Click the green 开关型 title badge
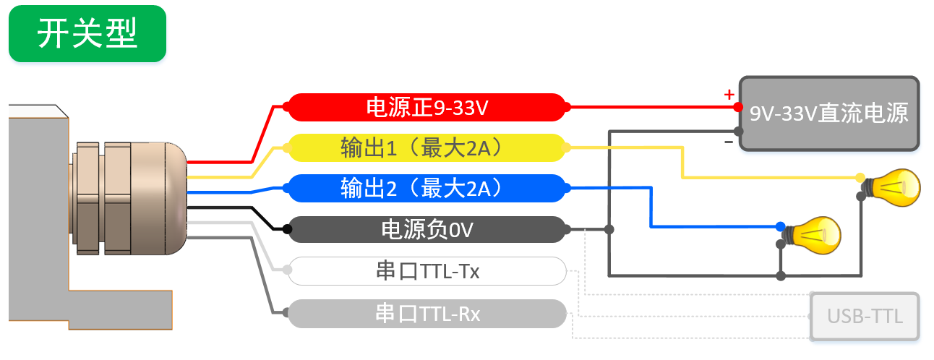coord(87,34)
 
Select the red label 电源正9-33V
coord(427,108)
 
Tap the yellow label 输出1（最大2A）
coord(427,148)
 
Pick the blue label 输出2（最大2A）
coord(427,189)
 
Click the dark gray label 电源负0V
coord(427,230)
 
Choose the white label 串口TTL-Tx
coord(427,271)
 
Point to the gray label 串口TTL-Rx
coord(427,314)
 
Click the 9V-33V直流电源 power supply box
coord(828,113)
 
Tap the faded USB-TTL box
coord(865,316)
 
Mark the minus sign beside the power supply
coord(729,142)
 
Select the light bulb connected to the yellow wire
coord(893,187)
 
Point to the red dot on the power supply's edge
coord(738,107)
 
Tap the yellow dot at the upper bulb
coord(860,177)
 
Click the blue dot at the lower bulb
coord(781,226)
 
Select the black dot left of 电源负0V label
coord(287,230)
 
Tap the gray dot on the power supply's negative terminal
coord(738,132)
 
